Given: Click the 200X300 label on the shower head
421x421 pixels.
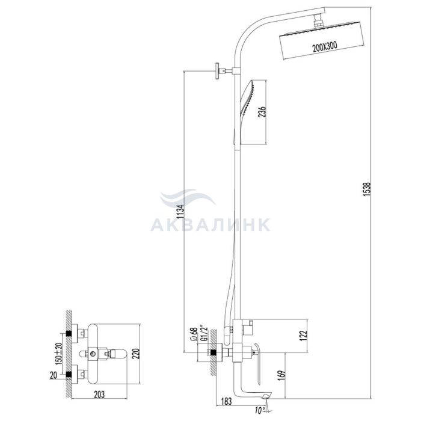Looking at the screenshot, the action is [x=324, y=47].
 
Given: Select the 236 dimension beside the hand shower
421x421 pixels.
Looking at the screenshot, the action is [x=262, y=112].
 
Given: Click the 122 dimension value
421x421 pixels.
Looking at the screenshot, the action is [x=303, y=336].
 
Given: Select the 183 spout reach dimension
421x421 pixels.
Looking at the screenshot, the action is [x=226, y=402].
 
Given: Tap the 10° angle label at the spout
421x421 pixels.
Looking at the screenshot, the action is [x=260, y=410].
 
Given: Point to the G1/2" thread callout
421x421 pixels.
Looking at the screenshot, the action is [x=204, y=333].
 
